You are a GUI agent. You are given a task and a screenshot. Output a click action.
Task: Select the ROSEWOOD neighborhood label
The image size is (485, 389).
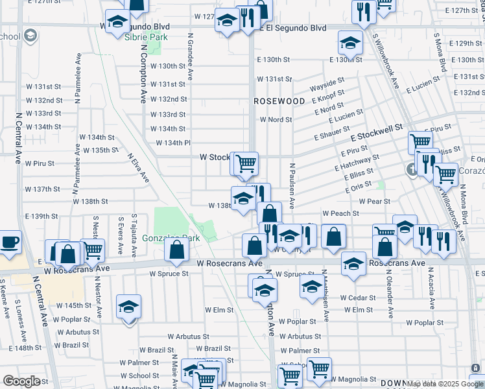point(279,102)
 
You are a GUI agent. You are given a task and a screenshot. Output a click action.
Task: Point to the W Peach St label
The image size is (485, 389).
point(341,213)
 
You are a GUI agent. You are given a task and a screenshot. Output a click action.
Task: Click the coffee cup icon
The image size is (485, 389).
point(10,242)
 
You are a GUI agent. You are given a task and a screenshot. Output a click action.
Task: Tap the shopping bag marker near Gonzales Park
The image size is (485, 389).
point(177,251)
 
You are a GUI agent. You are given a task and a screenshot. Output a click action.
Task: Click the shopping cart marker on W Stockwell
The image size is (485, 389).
point(246,164)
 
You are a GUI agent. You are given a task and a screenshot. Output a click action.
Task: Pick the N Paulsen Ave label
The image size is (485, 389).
point(292,185)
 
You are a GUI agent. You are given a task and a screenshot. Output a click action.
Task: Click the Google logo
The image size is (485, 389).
point(21,381)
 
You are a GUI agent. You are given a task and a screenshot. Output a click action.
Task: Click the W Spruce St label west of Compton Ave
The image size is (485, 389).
point(169,274)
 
